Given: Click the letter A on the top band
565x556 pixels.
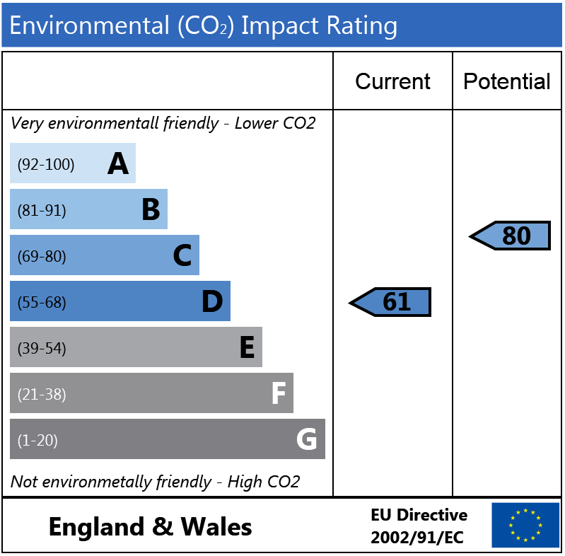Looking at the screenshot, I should point(118,164).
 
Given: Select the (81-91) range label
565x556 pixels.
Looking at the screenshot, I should point(42,210).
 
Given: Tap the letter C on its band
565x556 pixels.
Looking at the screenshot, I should point(182,256).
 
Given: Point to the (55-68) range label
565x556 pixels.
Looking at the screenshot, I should point(42,302).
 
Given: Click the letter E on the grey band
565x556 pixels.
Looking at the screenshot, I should point(246,348).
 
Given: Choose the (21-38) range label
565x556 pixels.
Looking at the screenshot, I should point(42,394).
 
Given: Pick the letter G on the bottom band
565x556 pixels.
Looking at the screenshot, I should point(306,440).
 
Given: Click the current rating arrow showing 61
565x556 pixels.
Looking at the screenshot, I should point(391,302).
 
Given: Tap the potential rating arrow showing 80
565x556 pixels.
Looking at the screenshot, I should point(511,236).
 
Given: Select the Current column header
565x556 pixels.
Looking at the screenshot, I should point(392,81).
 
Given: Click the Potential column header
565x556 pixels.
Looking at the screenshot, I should point(506,81).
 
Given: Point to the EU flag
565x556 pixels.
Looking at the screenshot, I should point(525,525).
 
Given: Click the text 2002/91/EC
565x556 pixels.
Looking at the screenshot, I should point(417,538).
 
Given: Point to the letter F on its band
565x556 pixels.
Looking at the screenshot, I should point(278,394).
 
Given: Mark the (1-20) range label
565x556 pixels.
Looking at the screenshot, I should point(37,440).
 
